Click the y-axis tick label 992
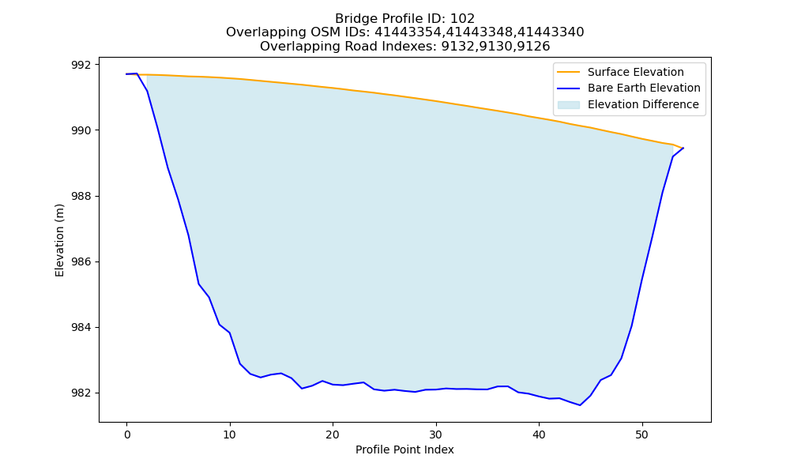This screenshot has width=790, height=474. point(82,65)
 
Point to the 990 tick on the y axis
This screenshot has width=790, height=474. point(82,130)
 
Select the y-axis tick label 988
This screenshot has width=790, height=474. point(82,196)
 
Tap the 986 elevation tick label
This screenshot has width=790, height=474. point(82,262)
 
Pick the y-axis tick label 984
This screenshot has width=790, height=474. point(82,327)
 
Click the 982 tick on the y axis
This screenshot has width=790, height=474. point(82,393)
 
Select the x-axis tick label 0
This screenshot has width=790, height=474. point(127,434)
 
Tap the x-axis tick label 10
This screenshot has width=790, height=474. point(230,434)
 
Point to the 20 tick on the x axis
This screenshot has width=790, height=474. point(333,434)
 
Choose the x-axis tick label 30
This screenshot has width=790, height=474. point(436,434)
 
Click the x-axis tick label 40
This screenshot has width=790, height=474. point(539,434)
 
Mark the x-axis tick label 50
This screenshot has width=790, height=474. point(641,434)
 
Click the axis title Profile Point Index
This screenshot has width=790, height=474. point(404,450)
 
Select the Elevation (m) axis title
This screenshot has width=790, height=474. point(59,240)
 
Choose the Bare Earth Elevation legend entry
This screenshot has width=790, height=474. point(629,88)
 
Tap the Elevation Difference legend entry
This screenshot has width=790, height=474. point(628,104)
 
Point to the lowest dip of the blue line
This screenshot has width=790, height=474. point(580,405)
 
